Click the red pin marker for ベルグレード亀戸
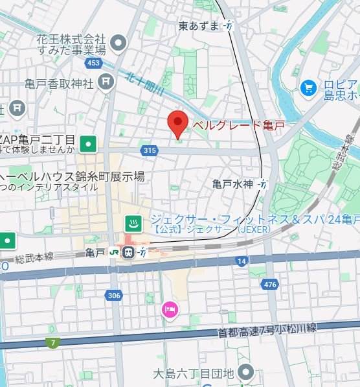[x=177, y=123]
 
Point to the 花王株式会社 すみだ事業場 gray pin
[x=118, y=43]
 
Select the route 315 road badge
[x=149, y=150]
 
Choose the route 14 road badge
[x=242, y=261]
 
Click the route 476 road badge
[x=271, y=285]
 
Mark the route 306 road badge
[x=114, y=295]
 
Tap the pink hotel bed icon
[x=169, y=310]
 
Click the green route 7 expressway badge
[x=52, y=342]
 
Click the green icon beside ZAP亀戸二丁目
[x=89, y=143]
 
